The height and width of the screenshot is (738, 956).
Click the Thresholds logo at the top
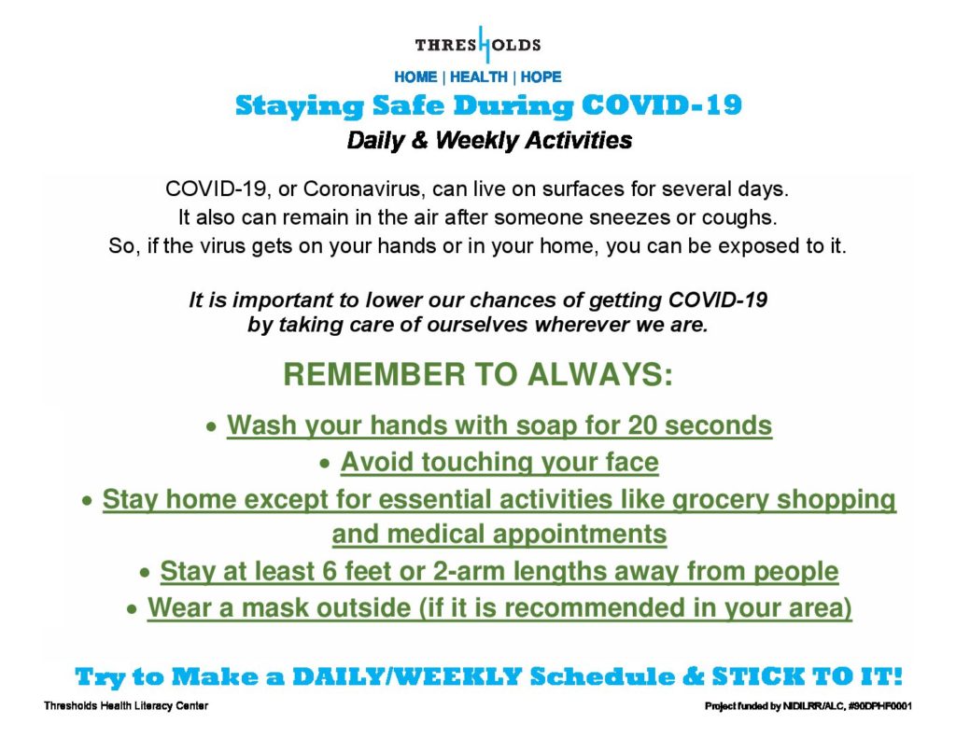pyautogui.click(x=478, y=45)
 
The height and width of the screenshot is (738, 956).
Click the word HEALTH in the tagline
pyautogui.click(x=479, y=77)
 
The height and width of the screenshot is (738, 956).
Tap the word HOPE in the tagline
pyautogui.click(x=541, y=77)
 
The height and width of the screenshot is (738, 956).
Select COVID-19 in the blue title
pyautogui.click(x=662, y=104)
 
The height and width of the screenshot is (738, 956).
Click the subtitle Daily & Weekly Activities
pyautogui.click(x=489, y=141)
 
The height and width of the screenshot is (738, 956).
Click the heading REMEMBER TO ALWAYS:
pyautogui.click(x=478, y=374)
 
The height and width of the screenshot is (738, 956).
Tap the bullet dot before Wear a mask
pyautogui.click(x=132, y=610)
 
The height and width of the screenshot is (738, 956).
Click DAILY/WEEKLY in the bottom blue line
pyautogui.click(x=407, y=677)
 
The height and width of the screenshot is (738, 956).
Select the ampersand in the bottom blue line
pyautogui.click(x=694, y=677)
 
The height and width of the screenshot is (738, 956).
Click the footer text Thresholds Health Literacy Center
pyautogui.click(x=126, y=705)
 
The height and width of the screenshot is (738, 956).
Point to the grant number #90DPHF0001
pyautogui.click(x=879, y=706)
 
